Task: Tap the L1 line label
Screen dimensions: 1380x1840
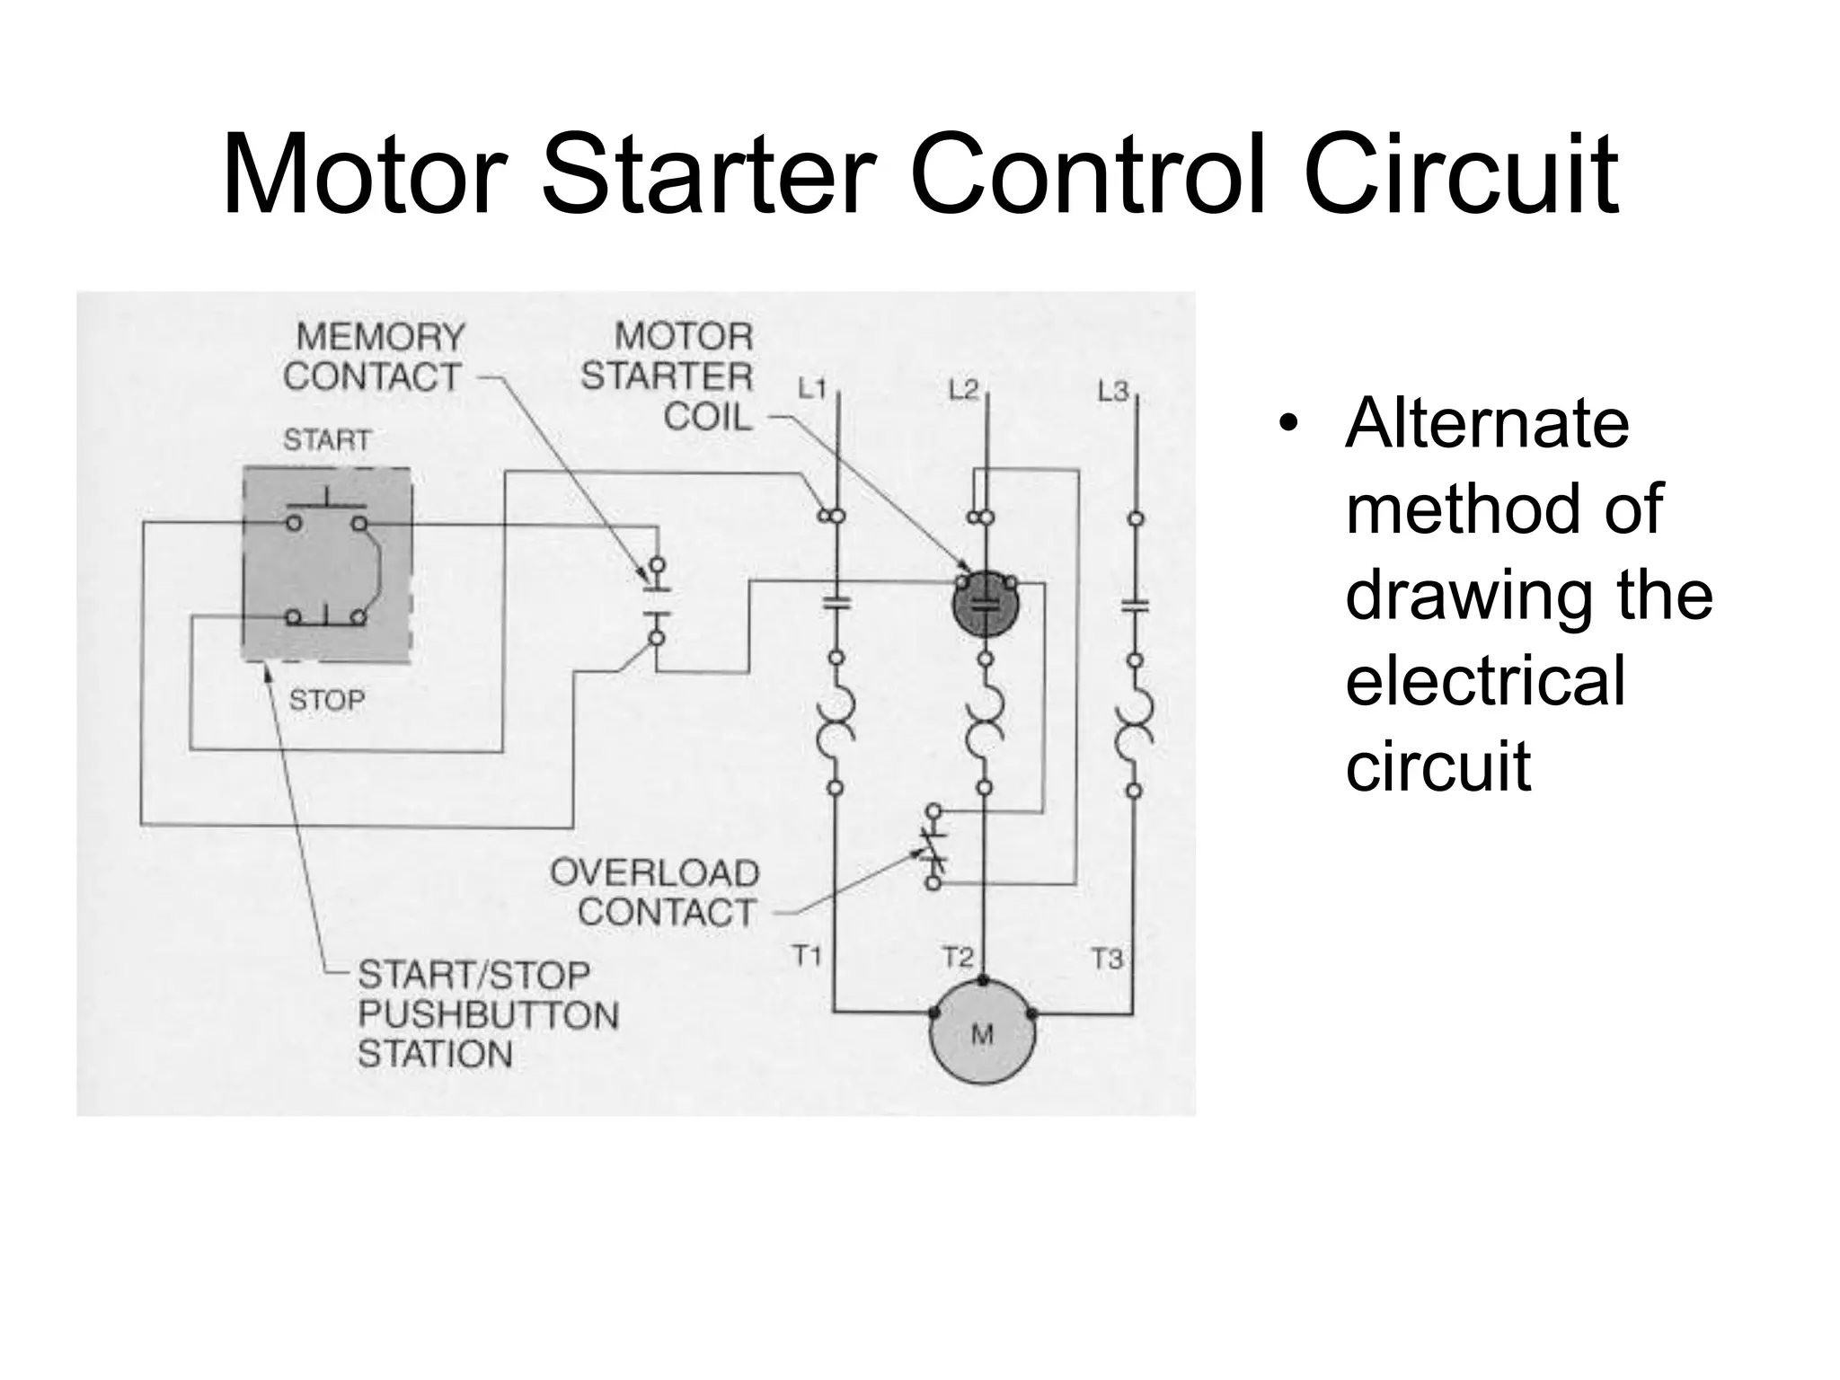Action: [x=811, y=389]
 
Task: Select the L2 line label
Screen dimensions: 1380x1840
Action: [x=962, y=390]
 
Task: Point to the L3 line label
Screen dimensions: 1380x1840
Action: [x=1112, y=391]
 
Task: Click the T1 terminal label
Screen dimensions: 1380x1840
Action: [x=807, y=956]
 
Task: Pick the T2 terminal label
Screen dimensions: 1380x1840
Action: [x=958, y=958]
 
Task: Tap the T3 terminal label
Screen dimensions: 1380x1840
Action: [x=1107, y=959]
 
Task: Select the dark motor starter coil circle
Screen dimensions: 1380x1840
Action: [x=986, y=603]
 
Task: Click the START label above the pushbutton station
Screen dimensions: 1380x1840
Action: [x=327, y=440]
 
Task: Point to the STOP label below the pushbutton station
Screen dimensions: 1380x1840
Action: [x=327, y=700]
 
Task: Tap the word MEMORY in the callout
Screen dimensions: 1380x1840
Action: [x=381, y=338]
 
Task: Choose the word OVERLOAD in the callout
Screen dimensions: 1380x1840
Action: [x=654, y=872]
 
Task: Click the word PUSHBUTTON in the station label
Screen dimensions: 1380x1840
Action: [x=489, y=1014]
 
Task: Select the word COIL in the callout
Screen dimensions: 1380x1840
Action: [x=707, y=417]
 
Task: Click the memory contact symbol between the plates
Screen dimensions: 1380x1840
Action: [x=657, y=602]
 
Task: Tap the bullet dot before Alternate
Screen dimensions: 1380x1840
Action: [x=1289, y=425]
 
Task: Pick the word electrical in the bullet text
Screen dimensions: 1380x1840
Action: [x=1485, y=680]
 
